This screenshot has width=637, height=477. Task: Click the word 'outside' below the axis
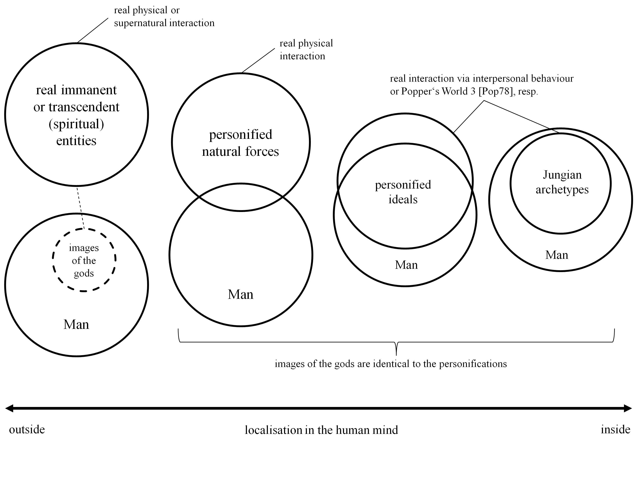[27, 430]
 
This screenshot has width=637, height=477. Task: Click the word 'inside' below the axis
[615, 429]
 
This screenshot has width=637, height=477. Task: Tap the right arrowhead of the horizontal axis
[628, 408]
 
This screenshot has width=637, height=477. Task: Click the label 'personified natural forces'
[240, 143]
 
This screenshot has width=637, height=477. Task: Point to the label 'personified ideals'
[403, 192]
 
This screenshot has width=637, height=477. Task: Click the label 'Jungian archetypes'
[562, 182]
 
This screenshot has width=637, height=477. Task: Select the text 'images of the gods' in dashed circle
[84, 260]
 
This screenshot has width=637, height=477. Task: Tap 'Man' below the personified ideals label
[406, 265]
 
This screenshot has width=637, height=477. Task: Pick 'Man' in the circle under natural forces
[240, 294]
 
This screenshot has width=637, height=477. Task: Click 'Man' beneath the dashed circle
[76, 324]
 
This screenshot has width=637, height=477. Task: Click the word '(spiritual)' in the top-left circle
[76, 124]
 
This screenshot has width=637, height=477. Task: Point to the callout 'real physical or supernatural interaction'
[164, 17]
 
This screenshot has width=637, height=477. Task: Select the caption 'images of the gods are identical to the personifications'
[391, 364]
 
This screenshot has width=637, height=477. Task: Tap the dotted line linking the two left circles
[80, 208]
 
